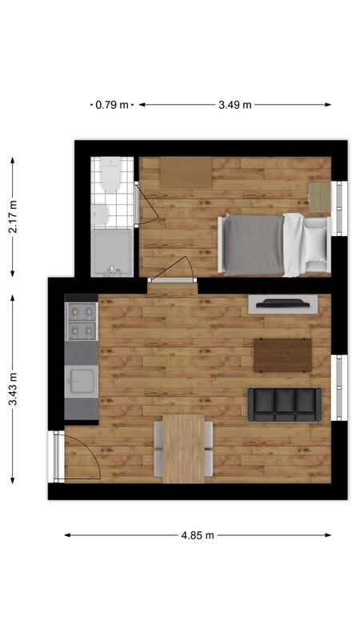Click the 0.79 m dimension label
tap(112, 105)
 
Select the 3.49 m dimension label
tap(234, 105)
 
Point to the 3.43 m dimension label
tap(13, 389)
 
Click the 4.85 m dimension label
tap(198, 535)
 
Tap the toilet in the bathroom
tap(111, 174)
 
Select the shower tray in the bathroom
tap(112, 253)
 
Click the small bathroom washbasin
tap(99, 214)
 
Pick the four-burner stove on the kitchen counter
tap(82, 322)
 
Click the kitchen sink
tap(82, 382)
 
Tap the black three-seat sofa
tap(285, 405)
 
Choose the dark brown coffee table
tap(282, 355)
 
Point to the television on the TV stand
tap(283, 303)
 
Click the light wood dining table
tap(184, 449)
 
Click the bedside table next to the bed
tap(319, 197)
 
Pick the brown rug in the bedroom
tap(186, 173)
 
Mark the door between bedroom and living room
tap(172, 280)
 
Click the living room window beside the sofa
tap(338, 388)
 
